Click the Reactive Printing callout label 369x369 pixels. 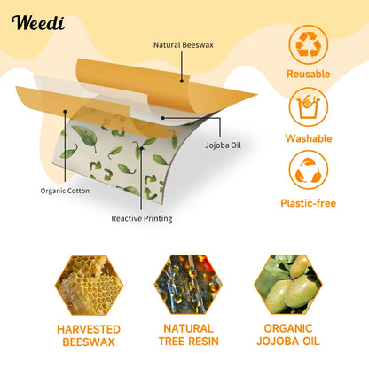[142, 218]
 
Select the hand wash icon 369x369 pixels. [309, 107]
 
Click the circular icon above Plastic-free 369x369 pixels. [309, 170]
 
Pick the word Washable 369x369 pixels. [309, 138]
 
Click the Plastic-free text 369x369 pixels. [309, 203]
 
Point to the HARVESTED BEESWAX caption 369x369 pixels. [89, 334]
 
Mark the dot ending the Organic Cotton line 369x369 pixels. [64, 112]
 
